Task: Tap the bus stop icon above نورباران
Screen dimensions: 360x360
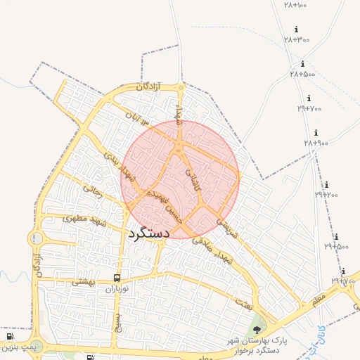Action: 117,278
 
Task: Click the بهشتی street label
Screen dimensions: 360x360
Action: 84,282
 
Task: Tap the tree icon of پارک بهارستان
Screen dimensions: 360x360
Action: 257,329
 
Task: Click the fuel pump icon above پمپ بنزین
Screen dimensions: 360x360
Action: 10,337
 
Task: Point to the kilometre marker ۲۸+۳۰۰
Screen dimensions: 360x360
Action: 297,39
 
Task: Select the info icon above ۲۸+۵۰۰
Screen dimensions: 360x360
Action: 302,64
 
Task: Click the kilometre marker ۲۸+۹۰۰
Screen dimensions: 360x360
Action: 316,143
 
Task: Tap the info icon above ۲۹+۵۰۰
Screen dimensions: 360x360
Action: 336,237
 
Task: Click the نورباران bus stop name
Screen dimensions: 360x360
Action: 119,289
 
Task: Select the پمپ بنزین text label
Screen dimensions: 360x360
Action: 18,347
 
